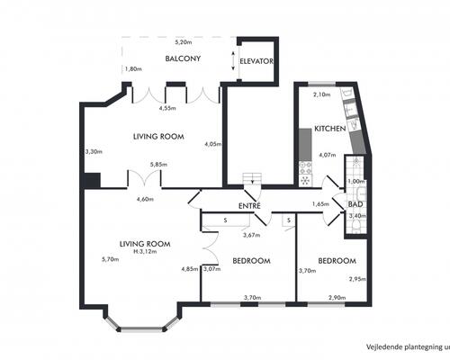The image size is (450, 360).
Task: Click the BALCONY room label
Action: [183, 58]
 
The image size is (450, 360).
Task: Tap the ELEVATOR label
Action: [256, 61]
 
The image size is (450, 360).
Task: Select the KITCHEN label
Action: [330, 129]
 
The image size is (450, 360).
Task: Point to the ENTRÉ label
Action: [249, 205]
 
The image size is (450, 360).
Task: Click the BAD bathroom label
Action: [355, 204]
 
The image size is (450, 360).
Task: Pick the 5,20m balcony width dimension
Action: [184, 42]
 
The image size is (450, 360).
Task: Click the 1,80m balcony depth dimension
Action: [133, 69]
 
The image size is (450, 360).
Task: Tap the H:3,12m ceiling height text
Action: [145, 251]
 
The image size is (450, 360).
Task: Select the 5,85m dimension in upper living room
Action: [158, 165]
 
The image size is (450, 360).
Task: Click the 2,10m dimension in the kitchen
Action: [322, 94]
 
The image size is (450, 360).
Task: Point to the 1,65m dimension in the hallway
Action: [320, 204]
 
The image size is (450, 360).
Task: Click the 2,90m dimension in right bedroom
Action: [337, 298]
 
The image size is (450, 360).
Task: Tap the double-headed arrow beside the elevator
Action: [233, 61]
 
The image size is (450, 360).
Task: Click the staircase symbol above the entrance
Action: [252, 179]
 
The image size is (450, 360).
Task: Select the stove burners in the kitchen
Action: [306, 168]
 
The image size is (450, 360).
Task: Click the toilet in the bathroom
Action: [356, 225]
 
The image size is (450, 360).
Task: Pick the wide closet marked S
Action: [226, 220]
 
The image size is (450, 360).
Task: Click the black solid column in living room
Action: [92, 180]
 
